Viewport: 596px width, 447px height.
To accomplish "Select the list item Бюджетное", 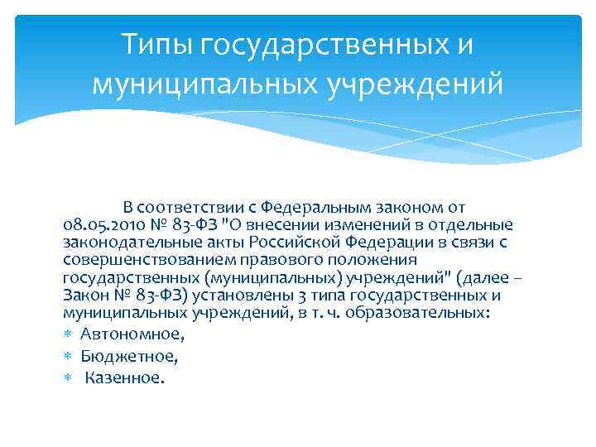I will point(129,356).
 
